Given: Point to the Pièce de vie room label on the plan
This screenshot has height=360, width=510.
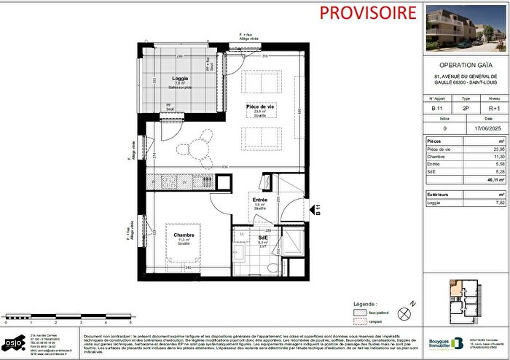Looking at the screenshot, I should point(259,106).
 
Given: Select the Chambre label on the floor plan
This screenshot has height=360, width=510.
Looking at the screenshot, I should point(182,234).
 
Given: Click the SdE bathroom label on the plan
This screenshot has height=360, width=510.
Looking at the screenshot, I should point(262,238).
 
